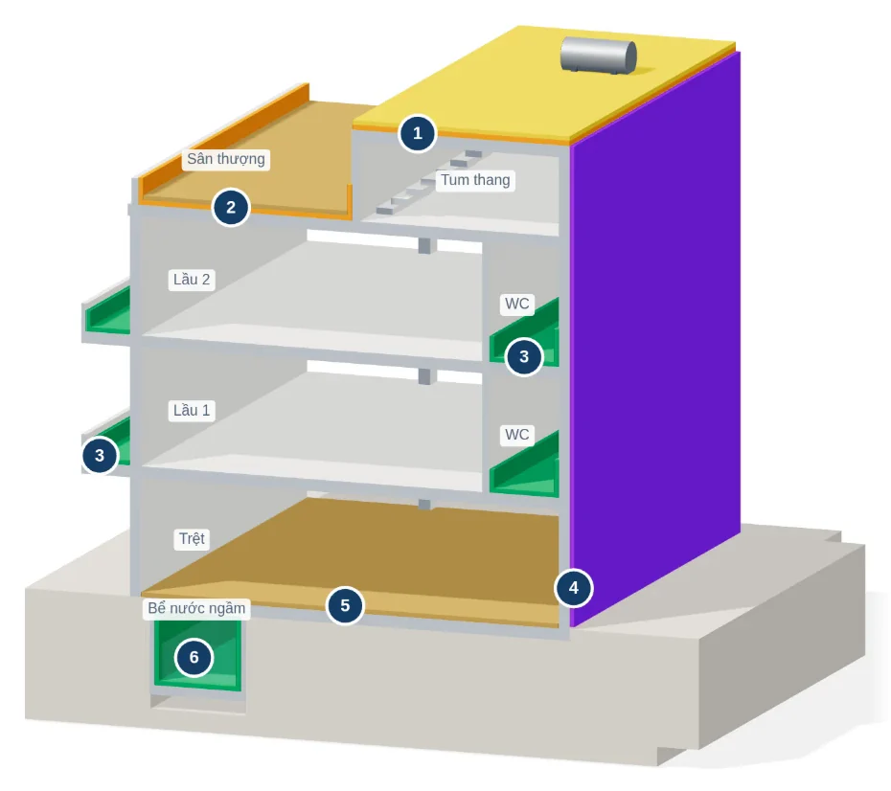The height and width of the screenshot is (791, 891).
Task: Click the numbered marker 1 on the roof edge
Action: pos(418,133)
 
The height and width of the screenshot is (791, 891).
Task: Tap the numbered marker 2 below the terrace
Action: pos(231,207)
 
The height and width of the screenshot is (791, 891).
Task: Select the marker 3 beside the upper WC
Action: pos(524,356)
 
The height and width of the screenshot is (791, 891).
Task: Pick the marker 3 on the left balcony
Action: pos(100,455)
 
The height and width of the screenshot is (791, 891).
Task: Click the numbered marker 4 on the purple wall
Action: pos(573,588)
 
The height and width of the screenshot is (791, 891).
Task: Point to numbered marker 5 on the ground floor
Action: pos(345,605)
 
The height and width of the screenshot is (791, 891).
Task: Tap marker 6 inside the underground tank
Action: pos(194,658)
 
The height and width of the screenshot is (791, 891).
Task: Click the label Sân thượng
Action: pos(226,159)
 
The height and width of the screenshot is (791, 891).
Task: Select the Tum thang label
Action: pos(475,180)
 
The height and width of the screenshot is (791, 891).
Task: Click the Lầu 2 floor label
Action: pos(192,280)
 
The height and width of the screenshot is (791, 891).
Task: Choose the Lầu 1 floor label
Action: pos(192,410)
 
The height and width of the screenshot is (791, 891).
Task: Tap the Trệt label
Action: pos(192,538)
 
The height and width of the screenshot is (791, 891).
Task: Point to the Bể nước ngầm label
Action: pos(196,608)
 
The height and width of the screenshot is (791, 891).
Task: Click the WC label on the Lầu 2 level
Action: pos(517,304)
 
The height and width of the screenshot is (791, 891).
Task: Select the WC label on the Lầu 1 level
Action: pos(517,435)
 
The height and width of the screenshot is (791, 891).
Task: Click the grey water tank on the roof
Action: pos(599,56)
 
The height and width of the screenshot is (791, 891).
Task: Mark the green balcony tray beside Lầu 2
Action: pos(108,312)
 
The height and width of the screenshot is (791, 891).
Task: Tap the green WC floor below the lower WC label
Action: pos(524,468)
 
